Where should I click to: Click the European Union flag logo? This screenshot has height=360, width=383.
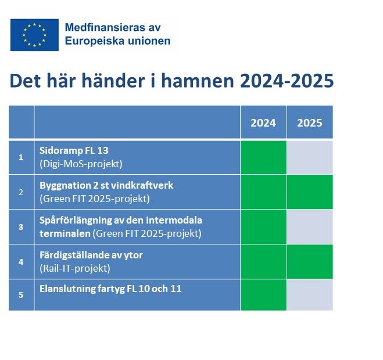pyautogui.click(x=34, y=35)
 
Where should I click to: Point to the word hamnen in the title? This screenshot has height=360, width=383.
pyautogui.click(x=198, y=81)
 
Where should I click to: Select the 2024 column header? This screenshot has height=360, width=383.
pyautogui.click(x=263, y=123)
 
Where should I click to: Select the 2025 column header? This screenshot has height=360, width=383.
pyautogui.click(x=310, y=123)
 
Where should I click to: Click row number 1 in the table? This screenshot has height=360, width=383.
pyautogui.click(x=21, y=157)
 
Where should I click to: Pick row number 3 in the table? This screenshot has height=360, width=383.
pyautogui.click(x=21, y=227)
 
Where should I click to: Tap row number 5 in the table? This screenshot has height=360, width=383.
pyautogui.click(x=21, y=295)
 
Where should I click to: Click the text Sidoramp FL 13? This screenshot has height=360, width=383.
pyautogui.click(x=74, y=150)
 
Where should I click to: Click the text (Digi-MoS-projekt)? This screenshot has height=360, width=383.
pyautogui.click(x=81, y=164)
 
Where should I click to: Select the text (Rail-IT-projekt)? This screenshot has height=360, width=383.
pyautogui.click(x=75, y=268)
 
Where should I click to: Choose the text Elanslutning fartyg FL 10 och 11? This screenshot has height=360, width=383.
pyautogui.click(x=110, y=289)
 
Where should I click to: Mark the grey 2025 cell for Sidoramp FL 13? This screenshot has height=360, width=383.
pyautogui.click(x=310, y=157)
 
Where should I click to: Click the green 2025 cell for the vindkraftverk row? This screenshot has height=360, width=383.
pyautogui.click(x=310, y=192)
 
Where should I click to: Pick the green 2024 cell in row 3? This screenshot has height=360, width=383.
pyautogui.click(x=263, y=227)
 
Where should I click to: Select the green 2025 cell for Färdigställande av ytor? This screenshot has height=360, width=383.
pyautogui.click(x=310, y=262)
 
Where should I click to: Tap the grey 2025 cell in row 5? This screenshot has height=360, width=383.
pyautogui.click(x=310, y=295)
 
